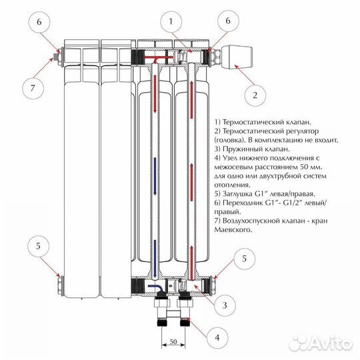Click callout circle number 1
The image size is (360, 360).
(171, 22)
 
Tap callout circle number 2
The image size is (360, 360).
(255, 95)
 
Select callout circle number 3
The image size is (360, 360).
(225, 305)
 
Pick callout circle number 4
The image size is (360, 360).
(217, 337)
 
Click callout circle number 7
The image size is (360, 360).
(33, 88)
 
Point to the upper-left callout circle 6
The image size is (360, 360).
(39, 22)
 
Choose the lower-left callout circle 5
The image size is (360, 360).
(38, 246)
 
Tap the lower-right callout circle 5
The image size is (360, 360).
(244, 259)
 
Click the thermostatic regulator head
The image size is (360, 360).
(237, 57)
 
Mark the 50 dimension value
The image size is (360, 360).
(173, 341)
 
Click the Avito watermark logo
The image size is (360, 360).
(321, 343)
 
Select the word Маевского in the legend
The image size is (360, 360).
(233, 229)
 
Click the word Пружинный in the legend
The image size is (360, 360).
(242, 149)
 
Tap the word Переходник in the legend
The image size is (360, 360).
(243, 203)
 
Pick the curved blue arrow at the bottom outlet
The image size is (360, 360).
(156, 288)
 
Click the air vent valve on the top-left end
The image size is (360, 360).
(55, 57)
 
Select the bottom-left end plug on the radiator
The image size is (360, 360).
(60, 285)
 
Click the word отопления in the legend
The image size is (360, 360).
(232, 185)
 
